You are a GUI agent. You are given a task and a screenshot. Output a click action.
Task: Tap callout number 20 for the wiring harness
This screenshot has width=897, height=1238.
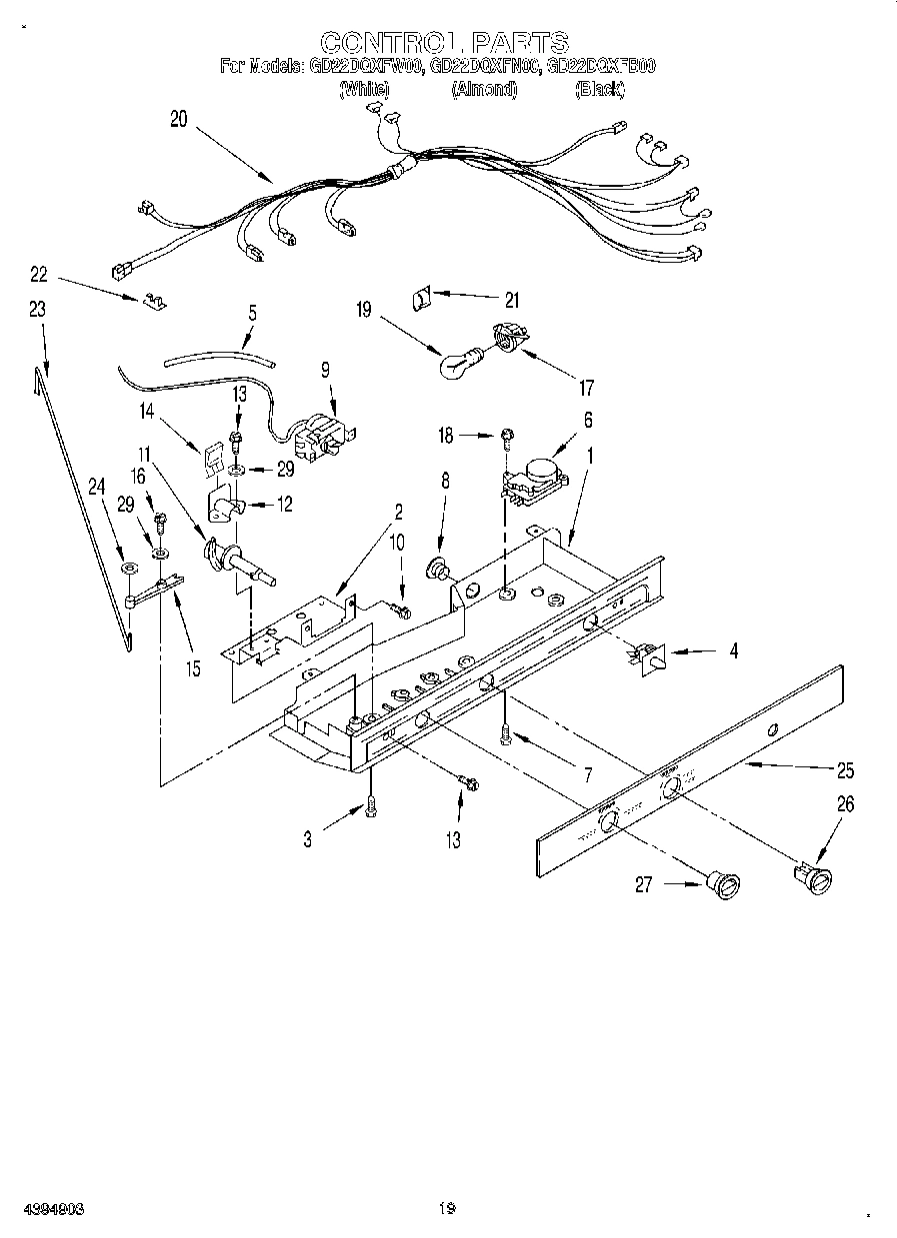point(178,119)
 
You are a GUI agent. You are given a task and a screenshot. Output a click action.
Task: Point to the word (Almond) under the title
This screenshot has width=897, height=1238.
point(484,90)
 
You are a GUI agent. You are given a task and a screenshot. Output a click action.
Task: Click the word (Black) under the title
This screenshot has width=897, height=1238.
point(600,90)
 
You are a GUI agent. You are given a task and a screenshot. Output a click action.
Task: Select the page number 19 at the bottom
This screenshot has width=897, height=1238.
point(447,1208)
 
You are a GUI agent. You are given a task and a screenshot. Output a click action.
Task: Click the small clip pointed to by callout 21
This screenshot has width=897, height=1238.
point(422,297)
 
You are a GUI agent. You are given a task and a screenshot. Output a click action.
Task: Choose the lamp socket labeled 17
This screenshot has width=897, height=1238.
point(511,339)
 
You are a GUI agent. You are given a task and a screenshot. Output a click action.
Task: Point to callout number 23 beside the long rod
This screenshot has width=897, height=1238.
point(37,310)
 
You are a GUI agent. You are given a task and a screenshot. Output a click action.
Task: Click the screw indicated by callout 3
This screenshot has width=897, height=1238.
point(371,807)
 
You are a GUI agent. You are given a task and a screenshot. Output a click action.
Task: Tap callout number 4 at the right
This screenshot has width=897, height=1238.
point(733,651)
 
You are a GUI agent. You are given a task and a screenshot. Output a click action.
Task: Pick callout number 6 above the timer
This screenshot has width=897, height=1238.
point(588,420)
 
